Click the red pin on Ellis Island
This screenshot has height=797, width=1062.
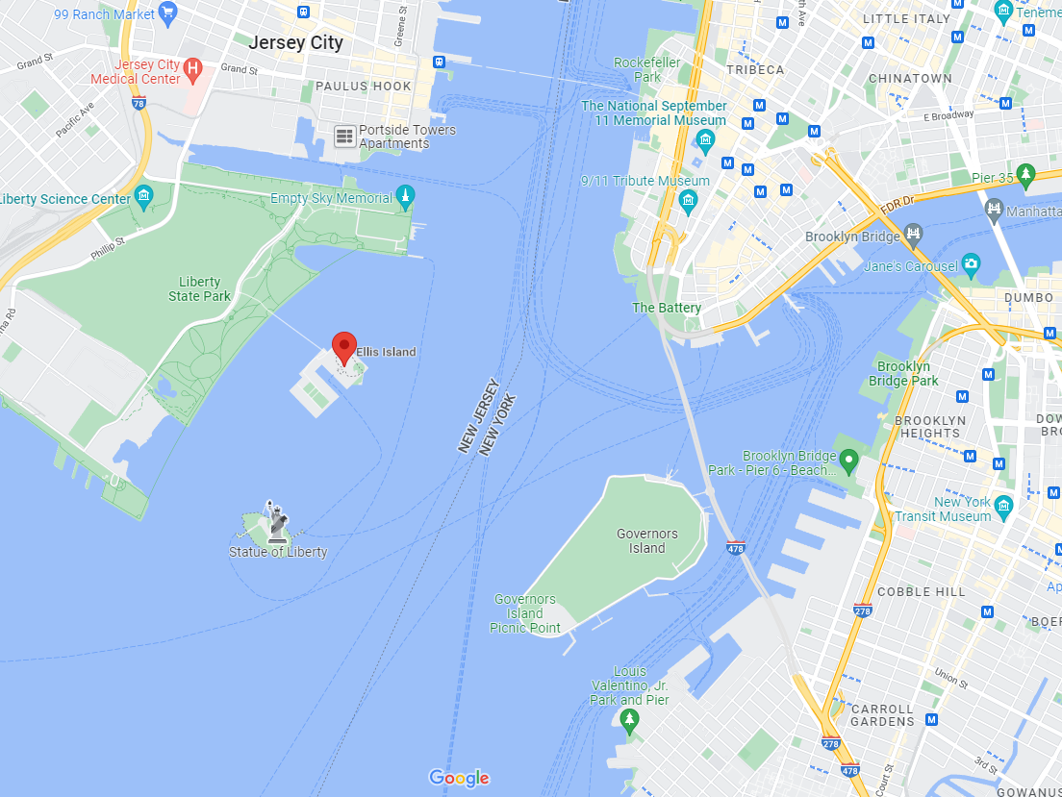[x=344, y=347]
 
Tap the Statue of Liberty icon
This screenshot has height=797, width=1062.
[x=277, y=522]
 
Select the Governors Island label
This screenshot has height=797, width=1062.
[x=646, y=540]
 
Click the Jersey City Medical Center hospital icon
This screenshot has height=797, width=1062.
[x=192, y=68]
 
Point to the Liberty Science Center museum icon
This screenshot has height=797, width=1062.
[x=144, y=198]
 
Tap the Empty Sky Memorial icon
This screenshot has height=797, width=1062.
[x=405, y=197]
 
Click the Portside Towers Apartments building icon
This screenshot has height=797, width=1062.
[x=344, y=137]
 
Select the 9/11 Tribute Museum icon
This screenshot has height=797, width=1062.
[x=688, y=200]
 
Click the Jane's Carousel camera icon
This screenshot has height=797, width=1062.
[x=971, y=263]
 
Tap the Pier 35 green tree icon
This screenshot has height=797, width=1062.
[x=1025, y=175]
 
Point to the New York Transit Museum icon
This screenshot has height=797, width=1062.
[x=1004, y=506]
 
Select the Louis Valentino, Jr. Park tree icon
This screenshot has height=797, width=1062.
[x=630, y=720]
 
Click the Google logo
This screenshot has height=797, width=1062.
[x=459, y=778]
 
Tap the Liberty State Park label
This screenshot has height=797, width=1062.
[x=199, y=288]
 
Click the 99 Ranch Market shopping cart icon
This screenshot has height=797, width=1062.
[x=168, y=12]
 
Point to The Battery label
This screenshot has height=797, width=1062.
[x=667, y=308]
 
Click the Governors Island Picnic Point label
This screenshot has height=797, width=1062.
[x=525, y=613]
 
